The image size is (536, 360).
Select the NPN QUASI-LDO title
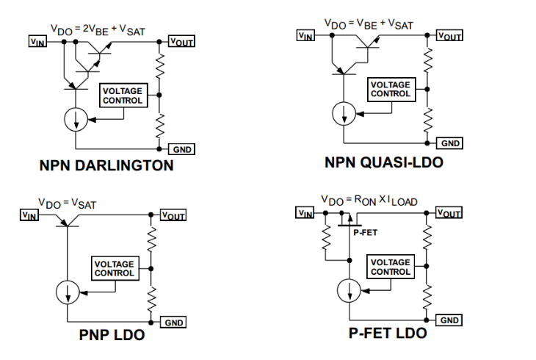[384, 162]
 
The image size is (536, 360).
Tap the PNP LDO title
[112, 336]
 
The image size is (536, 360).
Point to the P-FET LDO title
[388, 333]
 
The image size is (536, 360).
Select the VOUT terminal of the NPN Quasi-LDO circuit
[448, 35]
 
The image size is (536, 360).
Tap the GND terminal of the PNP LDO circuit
[173, 322]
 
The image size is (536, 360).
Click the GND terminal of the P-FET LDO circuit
[449, 320]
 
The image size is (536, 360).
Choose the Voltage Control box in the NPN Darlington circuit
[123, 96]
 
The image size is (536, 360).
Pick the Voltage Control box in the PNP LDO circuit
[114, 268]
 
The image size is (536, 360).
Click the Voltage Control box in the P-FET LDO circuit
[391, 267]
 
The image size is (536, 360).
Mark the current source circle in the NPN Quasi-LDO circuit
[343, 113]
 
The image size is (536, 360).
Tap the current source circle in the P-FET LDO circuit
[349, 292]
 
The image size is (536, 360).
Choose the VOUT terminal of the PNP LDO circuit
[173, 215]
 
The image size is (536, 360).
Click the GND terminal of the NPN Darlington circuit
[181, 149]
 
